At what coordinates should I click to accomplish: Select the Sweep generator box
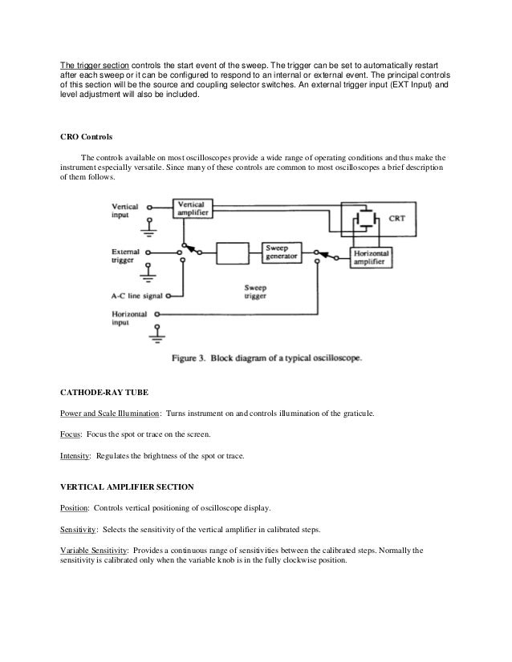282,253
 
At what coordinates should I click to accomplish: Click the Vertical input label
125,210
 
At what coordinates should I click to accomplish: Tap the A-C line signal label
139,296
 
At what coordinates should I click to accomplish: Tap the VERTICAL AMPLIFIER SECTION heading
127,487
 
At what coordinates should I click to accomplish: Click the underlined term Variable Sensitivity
94,551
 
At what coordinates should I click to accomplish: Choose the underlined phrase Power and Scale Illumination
110,414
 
